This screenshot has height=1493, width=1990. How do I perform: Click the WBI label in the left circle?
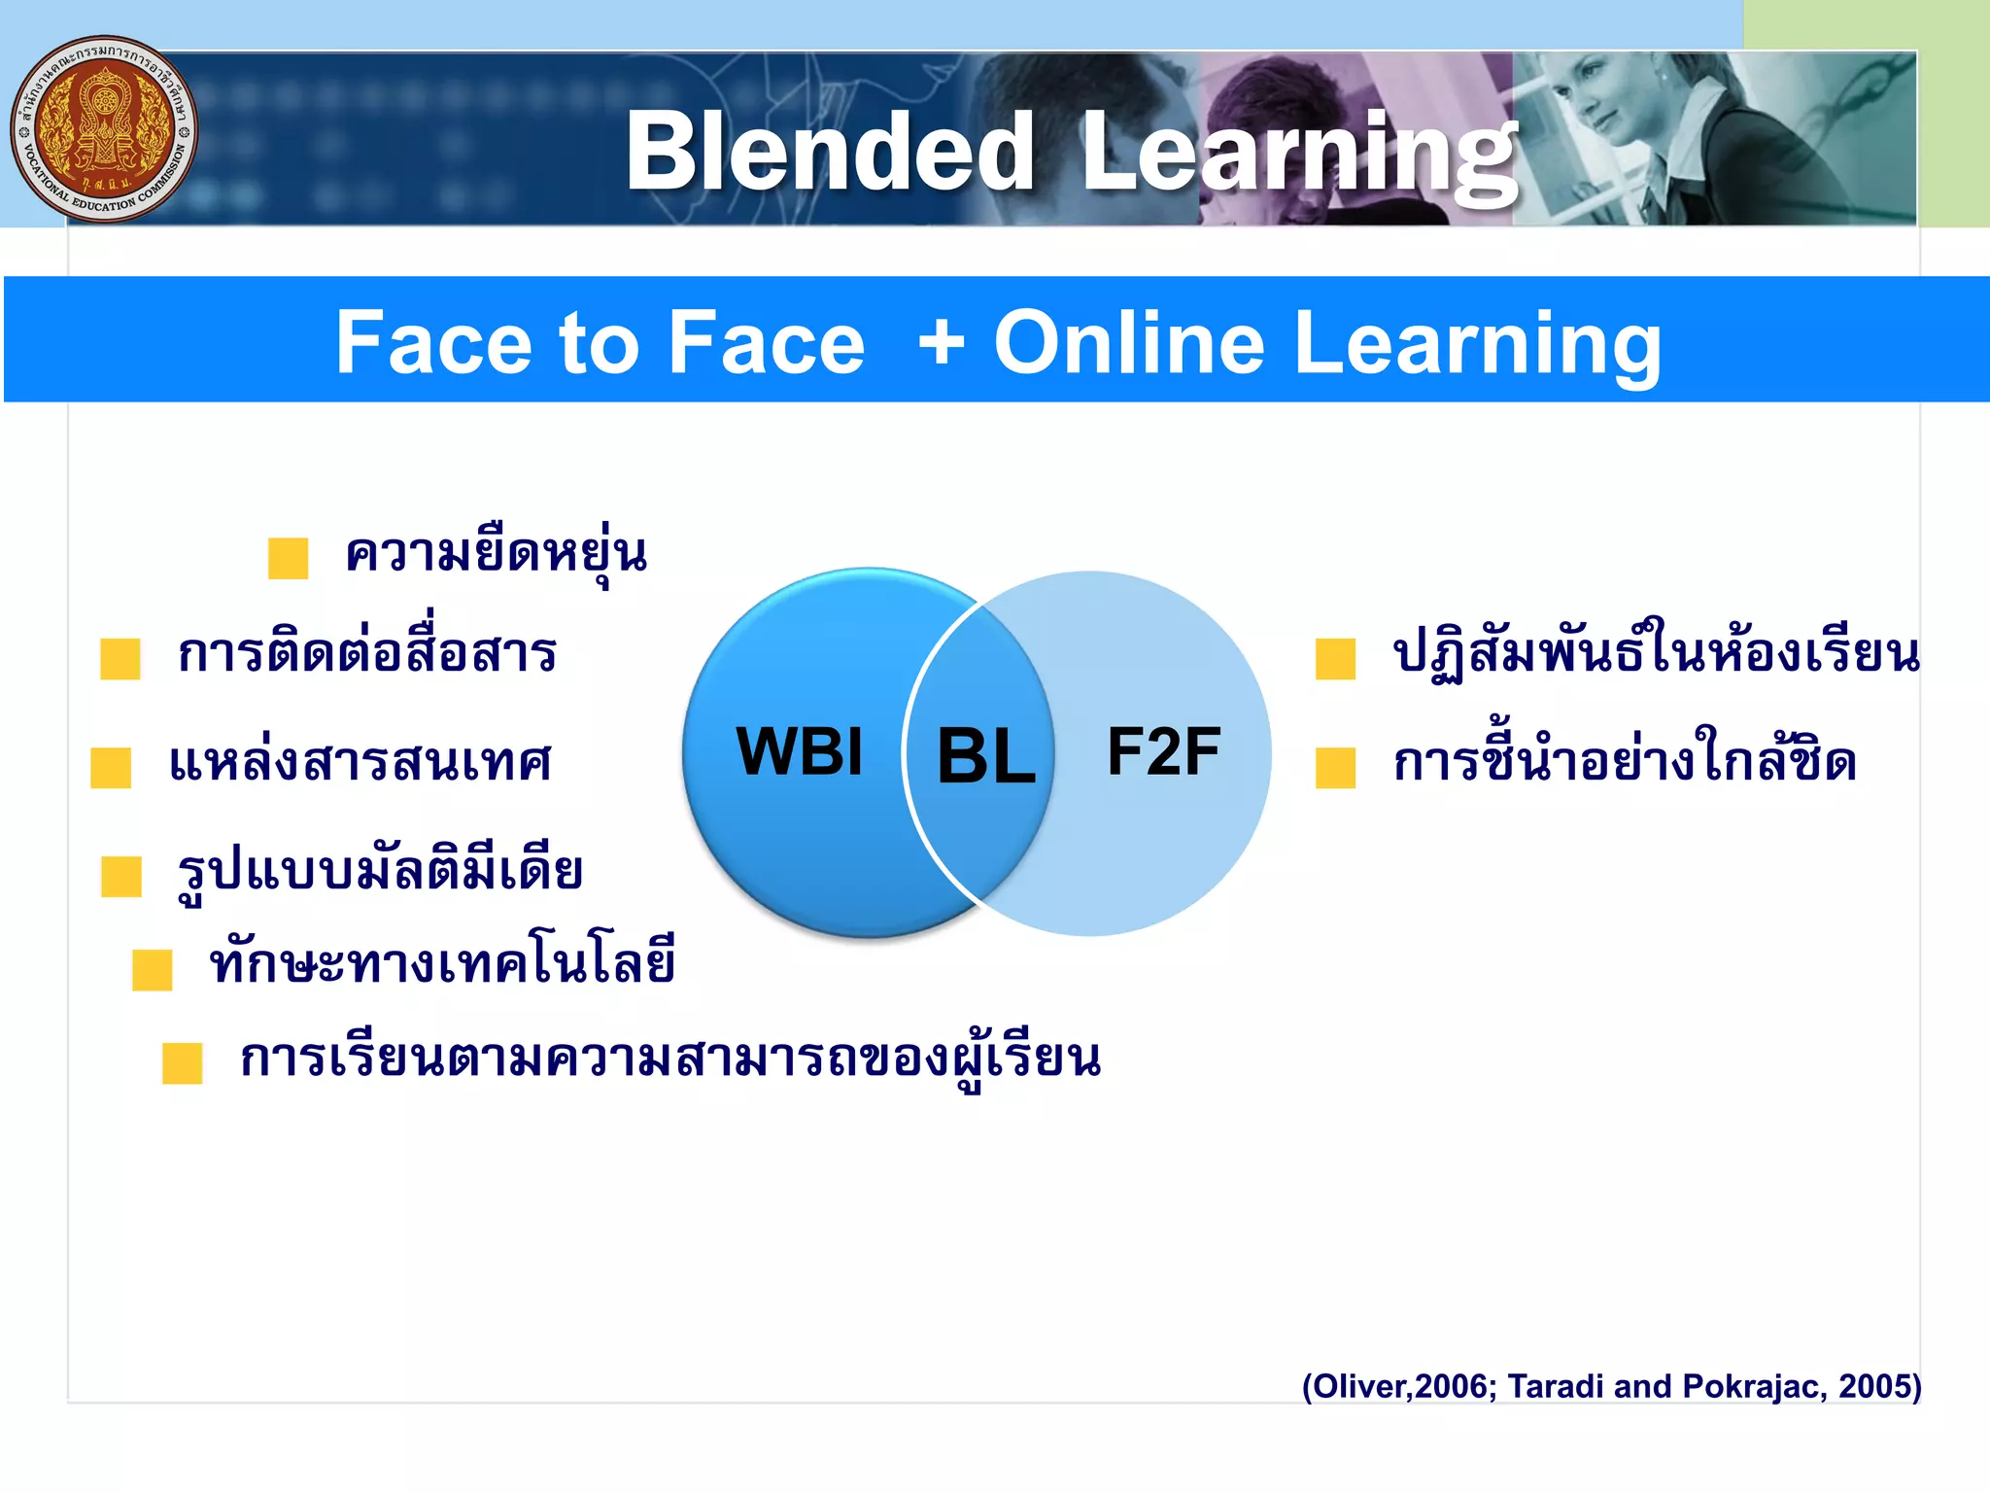(800, 751)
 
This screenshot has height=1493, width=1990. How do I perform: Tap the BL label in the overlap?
(985, 756)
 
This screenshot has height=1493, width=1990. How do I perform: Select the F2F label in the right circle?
(1163, 751)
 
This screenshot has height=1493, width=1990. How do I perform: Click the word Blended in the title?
(830, 152)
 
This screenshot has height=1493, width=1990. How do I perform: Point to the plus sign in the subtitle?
(942, 342)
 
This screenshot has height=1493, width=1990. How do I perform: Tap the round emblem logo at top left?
(104, 129)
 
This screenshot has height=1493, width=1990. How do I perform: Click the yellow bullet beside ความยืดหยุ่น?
(289, 558)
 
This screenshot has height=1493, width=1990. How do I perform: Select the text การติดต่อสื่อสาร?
(367, 652)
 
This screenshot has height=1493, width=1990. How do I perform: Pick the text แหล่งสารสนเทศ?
(360, 762)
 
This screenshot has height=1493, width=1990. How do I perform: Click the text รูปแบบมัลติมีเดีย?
(380, 870)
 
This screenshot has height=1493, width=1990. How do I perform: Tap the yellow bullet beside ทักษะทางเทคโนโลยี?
(153, 969)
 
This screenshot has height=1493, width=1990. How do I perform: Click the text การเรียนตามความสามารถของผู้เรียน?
(670, 1059)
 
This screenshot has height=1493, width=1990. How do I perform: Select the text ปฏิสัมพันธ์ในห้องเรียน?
(1656, 653)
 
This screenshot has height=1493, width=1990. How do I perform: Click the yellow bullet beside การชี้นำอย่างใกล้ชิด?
(1335, 766)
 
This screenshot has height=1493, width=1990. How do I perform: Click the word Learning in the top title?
(1298, 154)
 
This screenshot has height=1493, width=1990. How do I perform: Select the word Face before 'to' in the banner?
(434, 342)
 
